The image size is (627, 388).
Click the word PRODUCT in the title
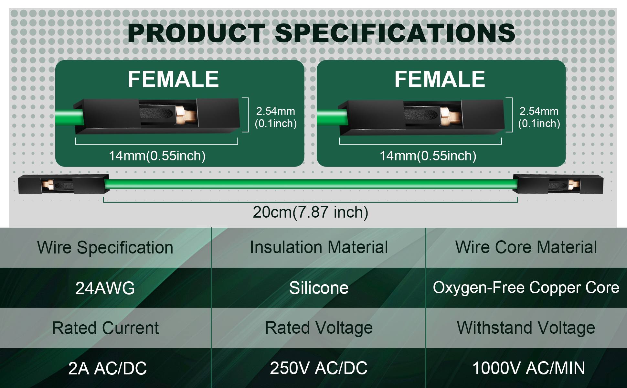point(197,33)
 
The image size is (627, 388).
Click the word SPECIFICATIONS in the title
point(395,33)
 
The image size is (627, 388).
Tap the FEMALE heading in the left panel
point(173,79)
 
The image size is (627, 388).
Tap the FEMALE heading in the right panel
point(440,79)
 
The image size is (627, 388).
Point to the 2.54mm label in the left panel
point(276,111)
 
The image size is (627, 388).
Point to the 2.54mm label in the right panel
point(539,111)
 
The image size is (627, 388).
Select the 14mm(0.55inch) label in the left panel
point(157,156)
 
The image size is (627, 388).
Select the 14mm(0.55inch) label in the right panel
point(428,156)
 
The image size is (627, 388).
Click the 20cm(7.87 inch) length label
point(311,212)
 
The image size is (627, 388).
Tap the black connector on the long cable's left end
point(63,184)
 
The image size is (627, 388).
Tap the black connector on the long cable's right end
point(558,184)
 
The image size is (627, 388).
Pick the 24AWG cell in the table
point(105,288)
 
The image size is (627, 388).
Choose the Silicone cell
point(319,288)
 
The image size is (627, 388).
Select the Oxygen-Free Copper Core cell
point(526,287)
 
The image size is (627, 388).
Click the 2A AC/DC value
point(107,368)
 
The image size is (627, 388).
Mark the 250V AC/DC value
point(319,368)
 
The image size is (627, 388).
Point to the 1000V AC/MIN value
point(529,368)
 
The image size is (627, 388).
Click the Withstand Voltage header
point(526,328)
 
